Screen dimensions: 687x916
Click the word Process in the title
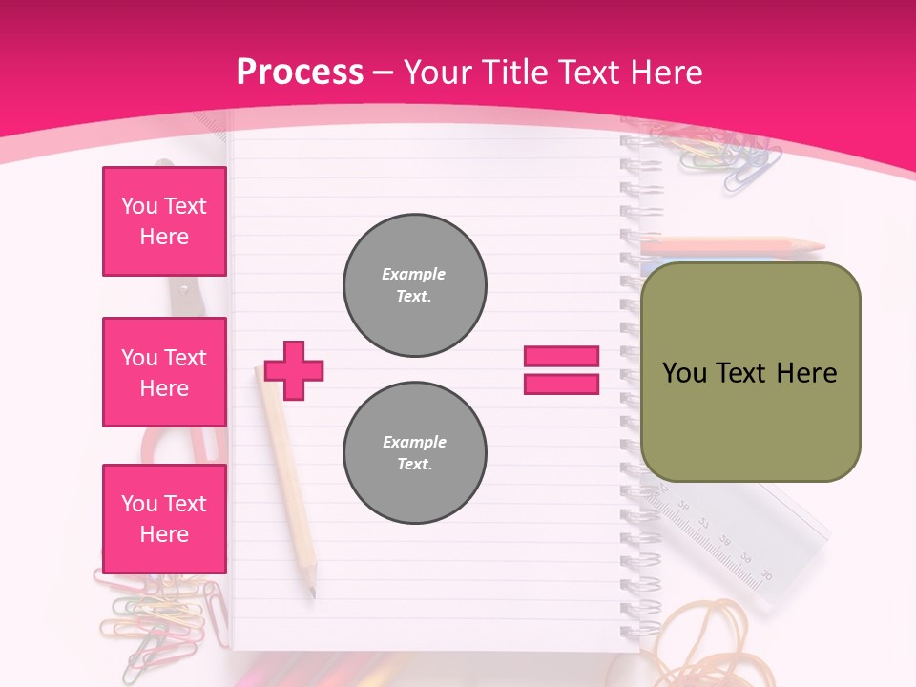(300, 73)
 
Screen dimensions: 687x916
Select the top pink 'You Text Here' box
(164, 221)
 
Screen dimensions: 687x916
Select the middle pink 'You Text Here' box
(164, 372)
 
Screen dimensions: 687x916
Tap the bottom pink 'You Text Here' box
(164, 518)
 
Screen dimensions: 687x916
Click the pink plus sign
(294, 370)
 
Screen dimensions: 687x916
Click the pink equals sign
(561, 370)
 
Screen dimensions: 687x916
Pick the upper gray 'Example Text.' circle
(415, 285)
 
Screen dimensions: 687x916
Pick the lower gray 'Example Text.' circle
(415, 453)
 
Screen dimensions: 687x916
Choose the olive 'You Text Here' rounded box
(750, 372)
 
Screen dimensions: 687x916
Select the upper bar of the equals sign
(561, 357)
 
